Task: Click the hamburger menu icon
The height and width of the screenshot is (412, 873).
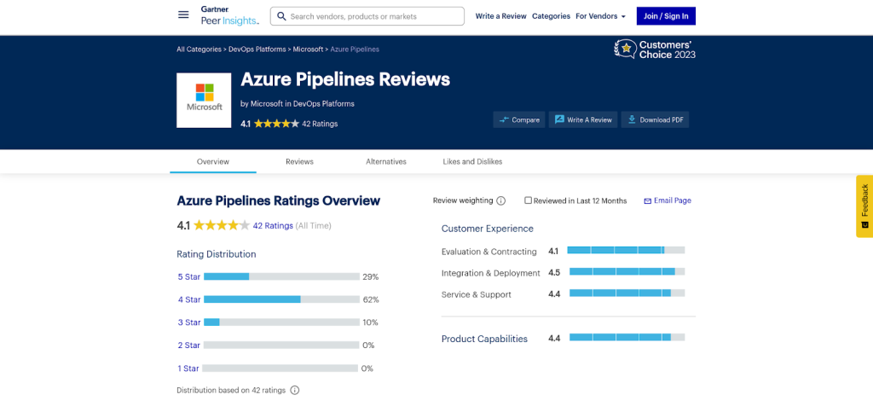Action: (x=183, y=15)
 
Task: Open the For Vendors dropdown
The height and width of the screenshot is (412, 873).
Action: (x=600, y=16)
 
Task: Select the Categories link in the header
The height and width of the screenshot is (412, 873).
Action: (x=551, y=16)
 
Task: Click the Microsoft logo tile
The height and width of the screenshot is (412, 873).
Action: (x=204, y=101)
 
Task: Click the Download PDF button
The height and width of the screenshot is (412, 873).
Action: (x=655, y=120)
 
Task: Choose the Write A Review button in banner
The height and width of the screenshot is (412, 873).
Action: (x=583, y=120)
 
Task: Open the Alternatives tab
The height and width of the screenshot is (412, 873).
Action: (x=386, y=161)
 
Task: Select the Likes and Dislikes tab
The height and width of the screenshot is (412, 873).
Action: (x=472, y=161)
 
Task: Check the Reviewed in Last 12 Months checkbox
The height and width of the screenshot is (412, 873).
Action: (x=529, y=200)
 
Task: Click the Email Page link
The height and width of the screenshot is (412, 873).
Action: (x=668, y=200)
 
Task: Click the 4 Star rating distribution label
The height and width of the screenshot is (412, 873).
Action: (x=189, y=299)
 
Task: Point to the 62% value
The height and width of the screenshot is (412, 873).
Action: (x=371, y=299)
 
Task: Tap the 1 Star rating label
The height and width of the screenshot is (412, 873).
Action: (x=188, y=368)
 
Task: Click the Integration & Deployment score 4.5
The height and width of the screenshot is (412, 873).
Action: (x=554, y=273)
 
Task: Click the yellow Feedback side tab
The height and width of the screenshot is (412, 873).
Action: (x=864, y=206)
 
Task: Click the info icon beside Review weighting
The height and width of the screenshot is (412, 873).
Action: (x=501, y=201)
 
